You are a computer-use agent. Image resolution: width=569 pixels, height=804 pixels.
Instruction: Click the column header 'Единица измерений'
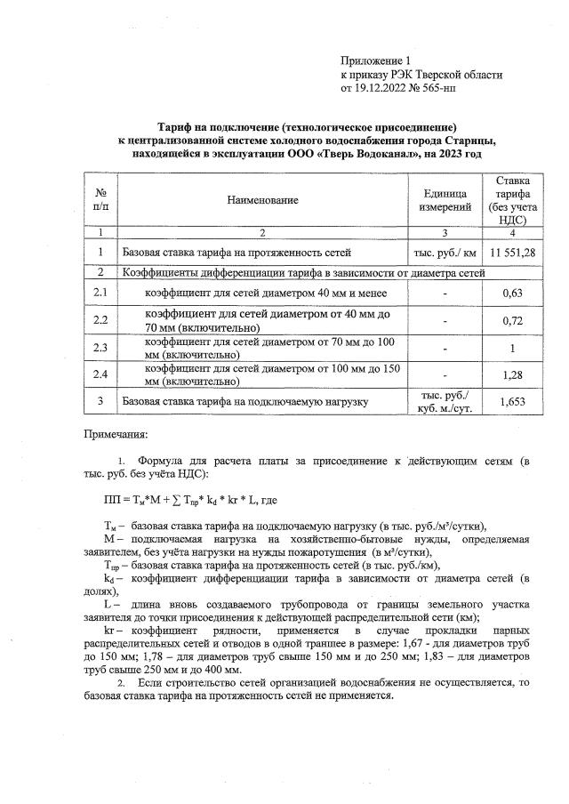pyautogui.click(x=445, y=201)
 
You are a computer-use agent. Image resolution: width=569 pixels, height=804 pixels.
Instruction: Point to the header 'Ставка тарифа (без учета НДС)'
pyautogui.click(x=512, y=201)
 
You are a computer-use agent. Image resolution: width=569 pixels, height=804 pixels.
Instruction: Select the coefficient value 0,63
pyautogui.click(x=512, y=291)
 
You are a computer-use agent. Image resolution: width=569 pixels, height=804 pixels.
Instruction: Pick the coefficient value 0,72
pyautogui.click(x=512, y=318)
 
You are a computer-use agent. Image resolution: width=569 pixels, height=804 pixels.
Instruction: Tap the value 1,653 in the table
pyautogui.click(x=512, y=402)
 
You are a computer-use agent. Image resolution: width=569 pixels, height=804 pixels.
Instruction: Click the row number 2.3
pyautogui.click(x=100, y=347)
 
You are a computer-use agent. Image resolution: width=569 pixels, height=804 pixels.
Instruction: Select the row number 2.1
pyautogui.click(x=100, y=291)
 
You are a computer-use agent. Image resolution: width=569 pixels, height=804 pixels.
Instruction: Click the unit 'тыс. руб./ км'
pyautogui.click(x=445, y=253)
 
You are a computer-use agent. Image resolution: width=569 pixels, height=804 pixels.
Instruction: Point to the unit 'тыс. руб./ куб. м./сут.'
pyautogui.click(x=445, y=402)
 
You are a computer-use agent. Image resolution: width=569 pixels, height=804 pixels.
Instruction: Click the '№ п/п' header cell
pyautogui.click(x=100, y=201)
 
